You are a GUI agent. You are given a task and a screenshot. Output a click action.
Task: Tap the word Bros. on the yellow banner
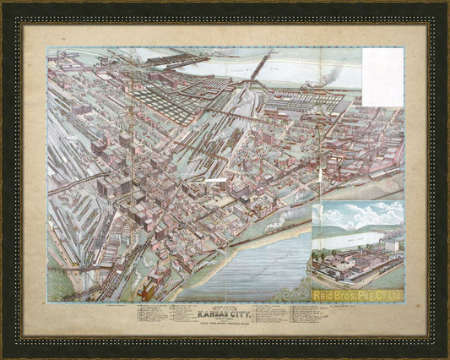coord(350,296)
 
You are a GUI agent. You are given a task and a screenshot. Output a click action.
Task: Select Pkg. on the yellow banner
coord(374,296)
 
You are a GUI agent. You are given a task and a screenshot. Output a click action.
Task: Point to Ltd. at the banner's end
coord(395,296)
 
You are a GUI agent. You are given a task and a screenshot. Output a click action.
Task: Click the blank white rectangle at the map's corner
coord(382,77)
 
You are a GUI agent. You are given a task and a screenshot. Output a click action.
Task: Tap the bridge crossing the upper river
coord(253,67)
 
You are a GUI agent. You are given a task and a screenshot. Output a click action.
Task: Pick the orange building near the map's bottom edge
coord(146,292)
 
